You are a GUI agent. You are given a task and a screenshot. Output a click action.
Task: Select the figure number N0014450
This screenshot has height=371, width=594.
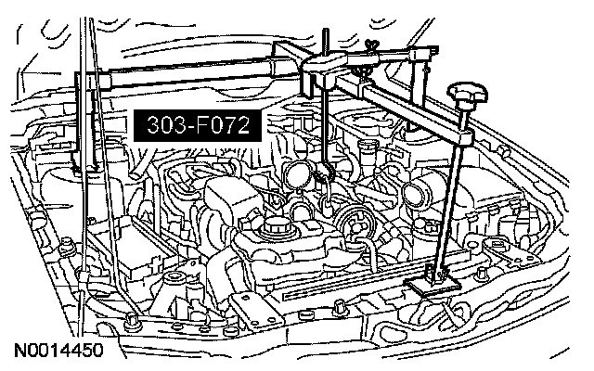coord(57,353)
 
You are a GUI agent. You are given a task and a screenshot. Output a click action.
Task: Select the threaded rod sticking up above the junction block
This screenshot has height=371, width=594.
coord(326,43)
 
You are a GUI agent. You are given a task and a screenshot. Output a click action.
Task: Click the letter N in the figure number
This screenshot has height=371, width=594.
coord(19,353)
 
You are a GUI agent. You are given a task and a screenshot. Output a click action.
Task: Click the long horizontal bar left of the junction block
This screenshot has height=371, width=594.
coord(195,71)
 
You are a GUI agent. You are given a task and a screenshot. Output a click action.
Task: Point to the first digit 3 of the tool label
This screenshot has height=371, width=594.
coord(150,124)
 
